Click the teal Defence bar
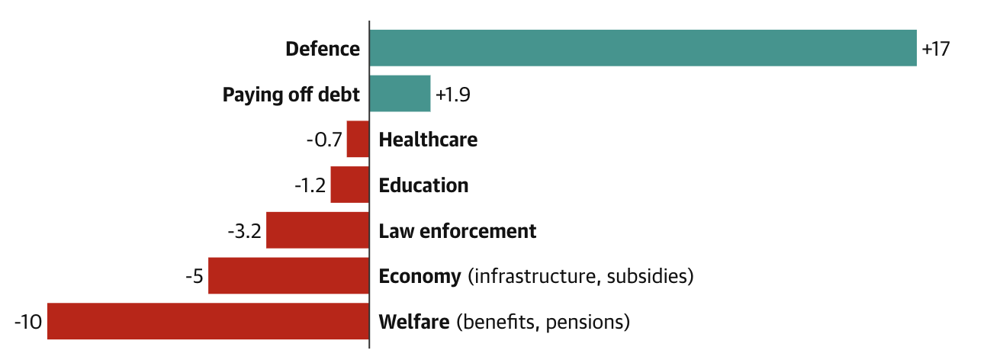pos(642,48)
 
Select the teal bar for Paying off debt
pos(400,94)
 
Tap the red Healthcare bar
pos(358,140)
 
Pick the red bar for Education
pos(349,185)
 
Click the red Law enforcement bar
pos(317,230)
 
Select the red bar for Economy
pos(288,276)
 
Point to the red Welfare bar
pos(207,321)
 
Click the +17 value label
pos(935,49)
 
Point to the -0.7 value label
pos(323,140)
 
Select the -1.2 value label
pos(310,186)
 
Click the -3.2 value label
pos(245,231)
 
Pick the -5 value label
pos(194,276)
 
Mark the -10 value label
pos(27,322)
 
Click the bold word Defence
pos(322,49)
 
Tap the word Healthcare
pos(428,140)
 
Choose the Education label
pos(423,186)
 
